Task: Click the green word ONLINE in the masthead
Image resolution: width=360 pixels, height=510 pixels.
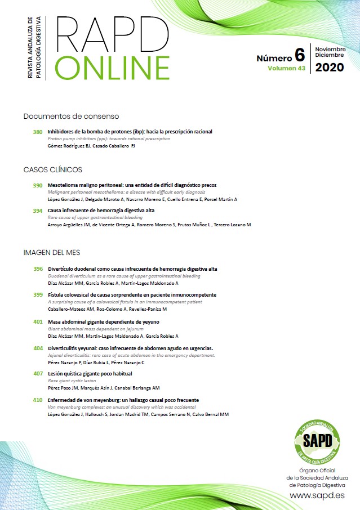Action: click(113, 67)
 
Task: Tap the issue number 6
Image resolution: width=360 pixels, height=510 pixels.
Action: click(299, 56)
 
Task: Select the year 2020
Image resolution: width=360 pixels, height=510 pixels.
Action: click(330, 68)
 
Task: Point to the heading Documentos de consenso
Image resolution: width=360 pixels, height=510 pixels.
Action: click(71, 117)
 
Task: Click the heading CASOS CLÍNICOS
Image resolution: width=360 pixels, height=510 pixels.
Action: click(53, 169)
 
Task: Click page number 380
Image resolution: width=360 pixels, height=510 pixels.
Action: click(38, 132)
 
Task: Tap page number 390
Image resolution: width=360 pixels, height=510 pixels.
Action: click(38, 185)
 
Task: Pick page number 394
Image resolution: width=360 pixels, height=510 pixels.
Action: click(38, 211)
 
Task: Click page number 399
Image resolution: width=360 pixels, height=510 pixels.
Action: click(38, 294)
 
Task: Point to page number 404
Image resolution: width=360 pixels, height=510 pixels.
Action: click(38, 348)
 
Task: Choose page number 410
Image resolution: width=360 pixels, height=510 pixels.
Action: click(38, 400)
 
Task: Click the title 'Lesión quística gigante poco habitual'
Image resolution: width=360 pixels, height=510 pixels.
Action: click(90, 374)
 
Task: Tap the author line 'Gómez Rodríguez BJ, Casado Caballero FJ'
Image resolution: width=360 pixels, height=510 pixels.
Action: click(91, 146)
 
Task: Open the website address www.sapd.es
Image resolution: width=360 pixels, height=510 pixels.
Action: click(317, 495)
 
